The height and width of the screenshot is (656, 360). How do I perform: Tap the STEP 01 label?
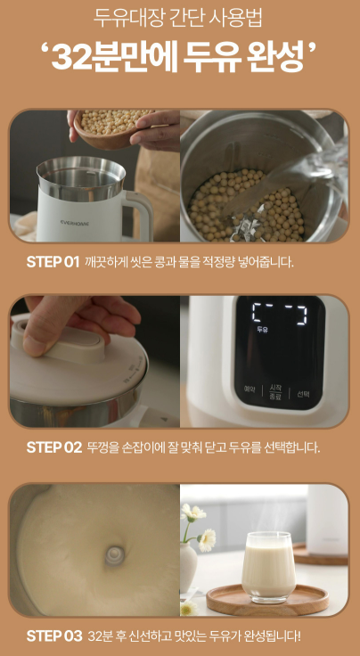pyautogui.click(x=53, y=262)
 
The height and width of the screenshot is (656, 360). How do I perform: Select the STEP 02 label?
pyautogui.click(x=54, y=447)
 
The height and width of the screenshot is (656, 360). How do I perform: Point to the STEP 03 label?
pyautogui.click(x=54, y=635)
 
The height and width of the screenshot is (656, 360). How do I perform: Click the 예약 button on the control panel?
pyautogui.click(x=250, y=390)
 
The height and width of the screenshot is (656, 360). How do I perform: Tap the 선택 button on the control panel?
pyautogui.click(x=303, y=394)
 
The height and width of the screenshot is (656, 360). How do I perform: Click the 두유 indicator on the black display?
pyautogui.click(x=263, y=330)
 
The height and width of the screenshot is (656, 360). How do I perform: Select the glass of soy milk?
pyautogui.click(x=268, y=567)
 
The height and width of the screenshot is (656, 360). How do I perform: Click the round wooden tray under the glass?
pyautogui.click(x=267, y=600)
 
